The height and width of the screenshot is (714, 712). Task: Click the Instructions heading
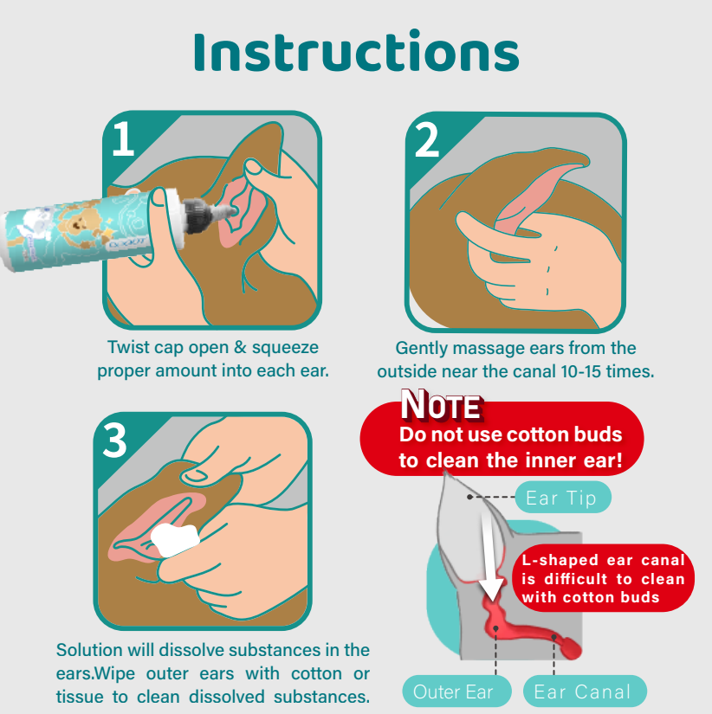click(357, 51)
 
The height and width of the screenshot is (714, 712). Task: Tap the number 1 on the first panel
click(123, 138)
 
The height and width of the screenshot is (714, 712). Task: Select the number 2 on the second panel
click(427, 140)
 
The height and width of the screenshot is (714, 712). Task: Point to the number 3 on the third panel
click(114, 440)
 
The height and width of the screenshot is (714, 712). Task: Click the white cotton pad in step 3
click(175, 539)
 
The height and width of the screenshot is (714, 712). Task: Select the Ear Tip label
click(562, 498)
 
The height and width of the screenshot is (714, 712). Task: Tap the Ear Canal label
click(585, 691)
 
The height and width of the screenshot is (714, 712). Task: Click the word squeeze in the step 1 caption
click(285, 347)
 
